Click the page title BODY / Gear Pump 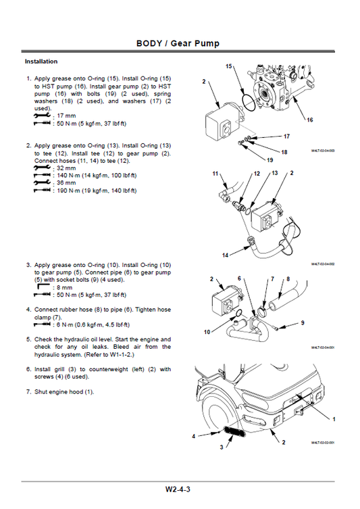click(x=178, y=44)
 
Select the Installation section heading click(x=41, y=62)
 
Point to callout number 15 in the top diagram click(x=229, y=66)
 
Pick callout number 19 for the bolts click(x=270, y=160)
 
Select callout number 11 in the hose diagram click(x=215, y=174)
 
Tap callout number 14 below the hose click(x=226, y=256)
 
